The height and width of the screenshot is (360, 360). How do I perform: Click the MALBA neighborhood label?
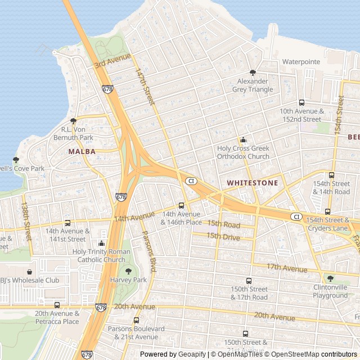[82, 151]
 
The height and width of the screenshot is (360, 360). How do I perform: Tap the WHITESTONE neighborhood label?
[252, 183]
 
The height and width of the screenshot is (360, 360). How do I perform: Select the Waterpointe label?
[301, 61]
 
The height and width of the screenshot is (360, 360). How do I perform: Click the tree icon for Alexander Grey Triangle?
[253, 73]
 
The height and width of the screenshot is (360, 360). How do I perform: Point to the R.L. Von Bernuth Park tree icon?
[73, 121]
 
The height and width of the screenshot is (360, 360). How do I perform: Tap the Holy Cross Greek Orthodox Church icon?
[243, 140]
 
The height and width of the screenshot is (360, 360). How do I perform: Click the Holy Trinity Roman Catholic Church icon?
[101, 244]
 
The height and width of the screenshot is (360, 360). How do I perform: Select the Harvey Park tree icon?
[128, 271]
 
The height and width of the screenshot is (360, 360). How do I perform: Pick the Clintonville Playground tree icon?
[330, 278]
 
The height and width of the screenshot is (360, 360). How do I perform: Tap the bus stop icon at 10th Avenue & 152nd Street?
[301, 103]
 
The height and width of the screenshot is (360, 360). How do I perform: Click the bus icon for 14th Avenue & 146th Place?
[181, 205]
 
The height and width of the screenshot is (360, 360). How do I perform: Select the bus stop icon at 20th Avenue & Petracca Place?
[57, 305]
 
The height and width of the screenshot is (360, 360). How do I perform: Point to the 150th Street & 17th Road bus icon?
[249, 281]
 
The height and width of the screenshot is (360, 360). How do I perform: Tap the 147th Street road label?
[145, 87]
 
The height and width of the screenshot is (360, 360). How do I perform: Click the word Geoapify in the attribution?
[191, 354]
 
